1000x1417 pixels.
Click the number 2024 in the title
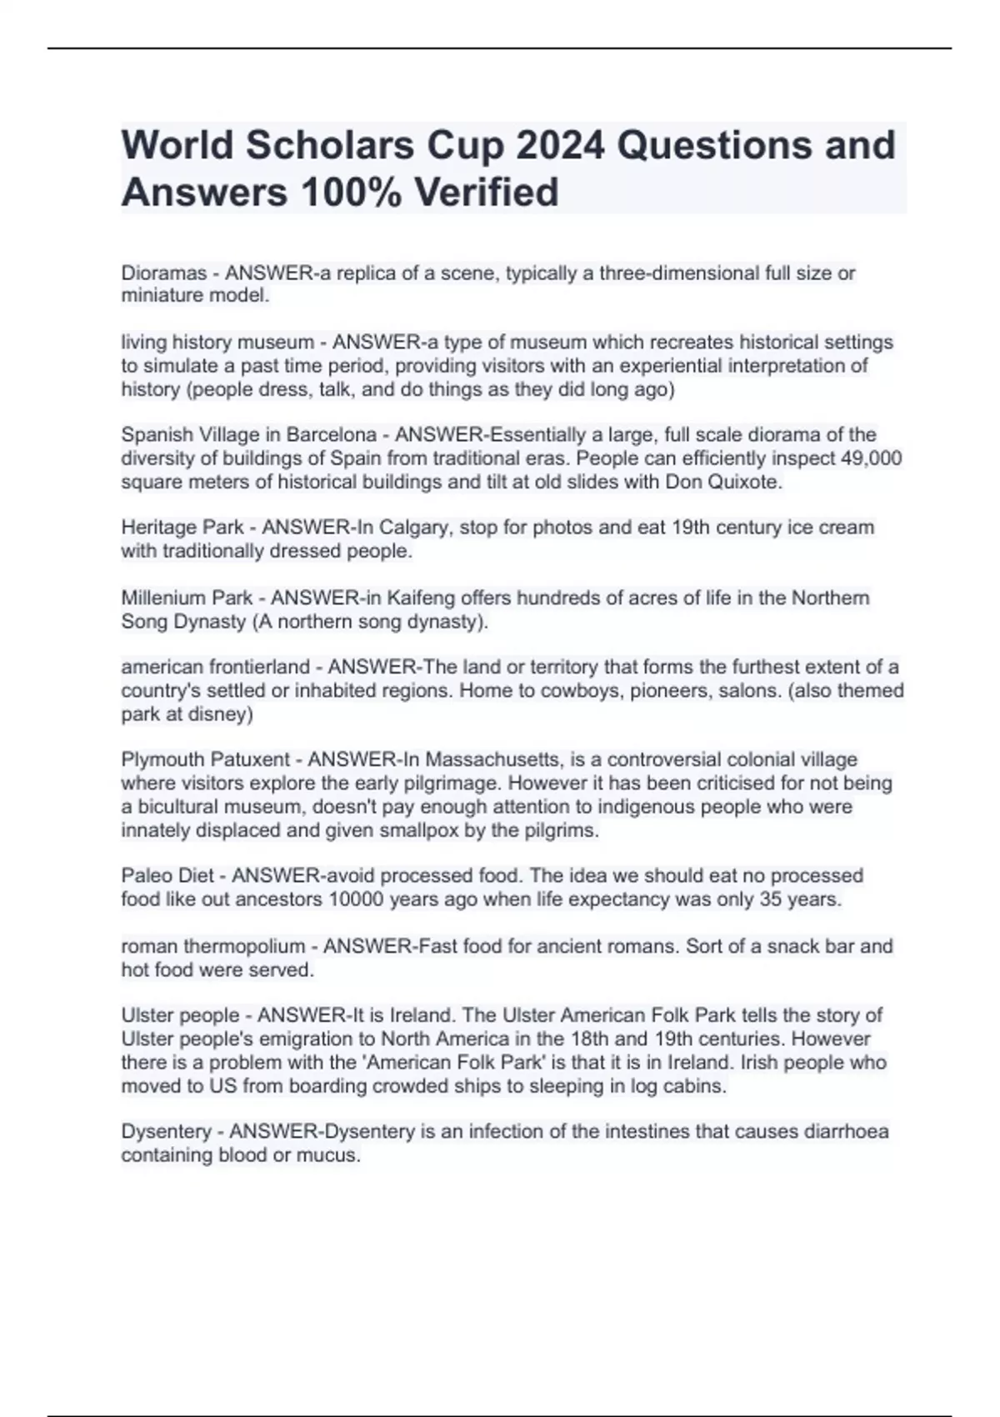point(560,145)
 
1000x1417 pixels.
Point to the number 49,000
point(867,458)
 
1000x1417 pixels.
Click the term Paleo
point(144,875)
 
